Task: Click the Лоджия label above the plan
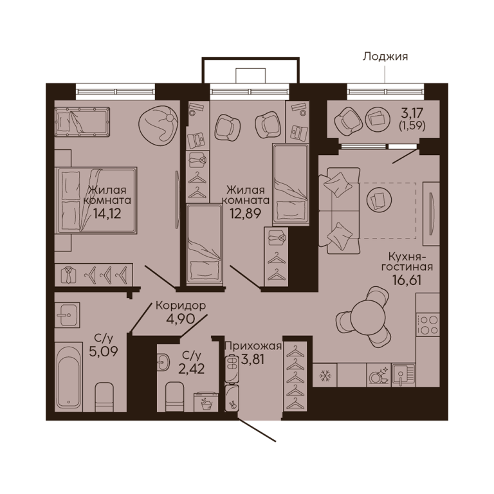pos(385,57)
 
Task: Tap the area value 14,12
pos(107,214)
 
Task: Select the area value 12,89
pos(246,214)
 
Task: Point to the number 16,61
pos(407,280)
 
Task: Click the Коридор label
pos(181,306)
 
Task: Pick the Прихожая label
pos(253,346)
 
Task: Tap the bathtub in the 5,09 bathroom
pos(69,377)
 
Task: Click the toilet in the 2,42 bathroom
pos(175,397)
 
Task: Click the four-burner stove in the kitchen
pos(428,325)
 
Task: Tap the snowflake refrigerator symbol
pos(324,375)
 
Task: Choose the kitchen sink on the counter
pos(403,375)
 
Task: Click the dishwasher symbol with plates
pos(379,375)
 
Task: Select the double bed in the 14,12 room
pos(96,201)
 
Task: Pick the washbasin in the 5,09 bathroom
pos(67,315)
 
